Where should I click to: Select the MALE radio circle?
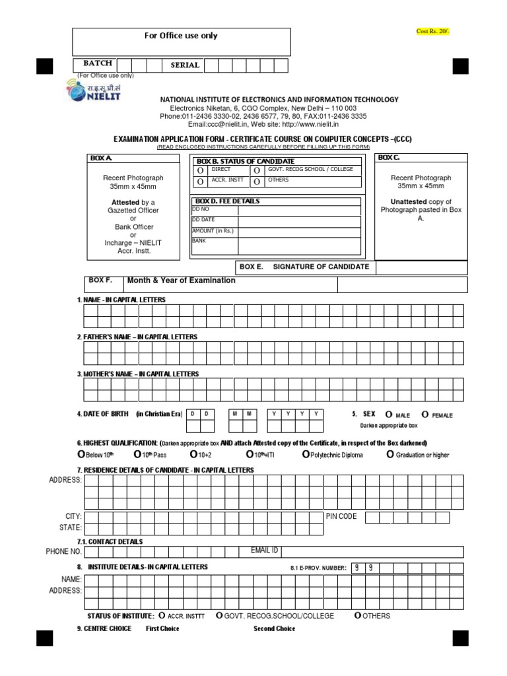tap(389, 415)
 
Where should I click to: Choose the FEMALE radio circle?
tap(425, 415)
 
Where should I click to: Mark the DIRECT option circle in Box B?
tap(200, 170)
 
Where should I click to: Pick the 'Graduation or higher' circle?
tap(390, 455)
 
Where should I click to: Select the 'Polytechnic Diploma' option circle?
tap(305, 455)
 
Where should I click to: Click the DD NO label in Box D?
tap(200, 208)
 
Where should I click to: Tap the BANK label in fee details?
tap(199, 242)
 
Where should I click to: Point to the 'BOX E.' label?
tap(252, 267)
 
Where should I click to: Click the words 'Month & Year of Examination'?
tap(181, 281)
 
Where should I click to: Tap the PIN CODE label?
tap(341, 516)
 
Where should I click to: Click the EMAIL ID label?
tap(264, 550)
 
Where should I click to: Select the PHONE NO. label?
tap(64, 551)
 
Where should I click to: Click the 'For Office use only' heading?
tap(181, 36)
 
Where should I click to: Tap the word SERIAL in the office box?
tap(185, 65)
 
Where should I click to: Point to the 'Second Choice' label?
tap(274, 628)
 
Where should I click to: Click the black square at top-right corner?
tap(460, 66)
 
